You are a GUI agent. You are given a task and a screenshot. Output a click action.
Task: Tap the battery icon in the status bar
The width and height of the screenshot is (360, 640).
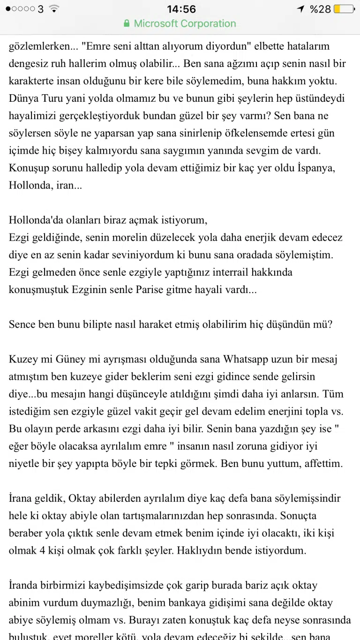tap(344, 9)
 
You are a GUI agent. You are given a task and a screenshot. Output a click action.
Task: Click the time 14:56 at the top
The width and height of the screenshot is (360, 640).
tap(181, 9)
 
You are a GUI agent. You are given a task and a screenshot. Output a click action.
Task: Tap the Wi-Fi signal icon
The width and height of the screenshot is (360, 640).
tap(54, 9)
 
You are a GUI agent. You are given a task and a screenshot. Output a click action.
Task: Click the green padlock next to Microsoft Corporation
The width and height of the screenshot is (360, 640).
tap(126, 23)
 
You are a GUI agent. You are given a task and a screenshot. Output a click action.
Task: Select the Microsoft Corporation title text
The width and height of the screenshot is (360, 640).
tap(185, 23)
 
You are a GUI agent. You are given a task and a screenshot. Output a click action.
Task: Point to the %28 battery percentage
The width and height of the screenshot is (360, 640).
tap(320, 9)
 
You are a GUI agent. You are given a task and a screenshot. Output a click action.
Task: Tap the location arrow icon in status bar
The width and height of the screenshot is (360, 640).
tap(301, 9)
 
